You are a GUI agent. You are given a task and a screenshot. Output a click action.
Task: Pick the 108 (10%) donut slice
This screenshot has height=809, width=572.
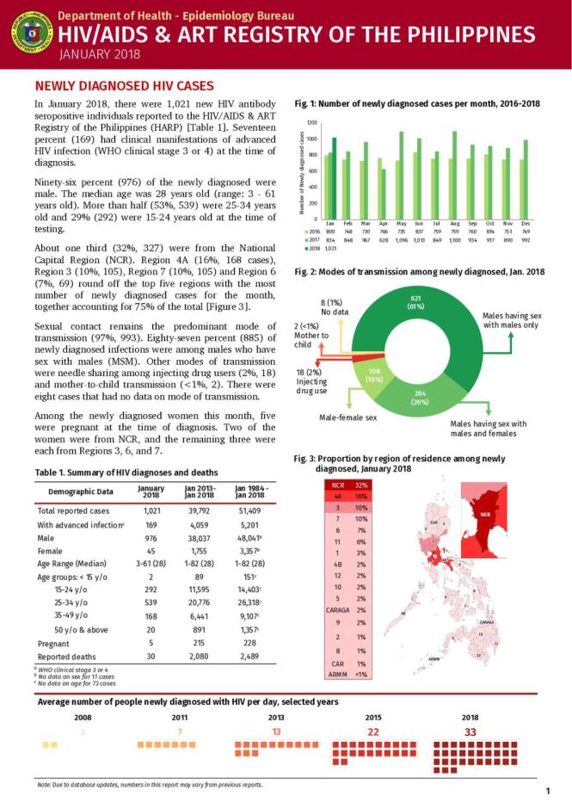[374, 374]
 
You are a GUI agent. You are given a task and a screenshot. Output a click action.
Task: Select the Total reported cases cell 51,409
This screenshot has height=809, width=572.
[249, 510]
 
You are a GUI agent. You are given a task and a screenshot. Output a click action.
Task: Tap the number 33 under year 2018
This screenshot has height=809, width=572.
[470, 732]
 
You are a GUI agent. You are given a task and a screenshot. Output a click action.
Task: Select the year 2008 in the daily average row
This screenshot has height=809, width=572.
[83, 716]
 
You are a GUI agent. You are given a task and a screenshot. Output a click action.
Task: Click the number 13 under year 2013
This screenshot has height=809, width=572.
[276, 732]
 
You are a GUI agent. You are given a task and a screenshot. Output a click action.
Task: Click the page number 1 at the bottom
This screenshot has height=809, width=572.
[548, 791]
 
